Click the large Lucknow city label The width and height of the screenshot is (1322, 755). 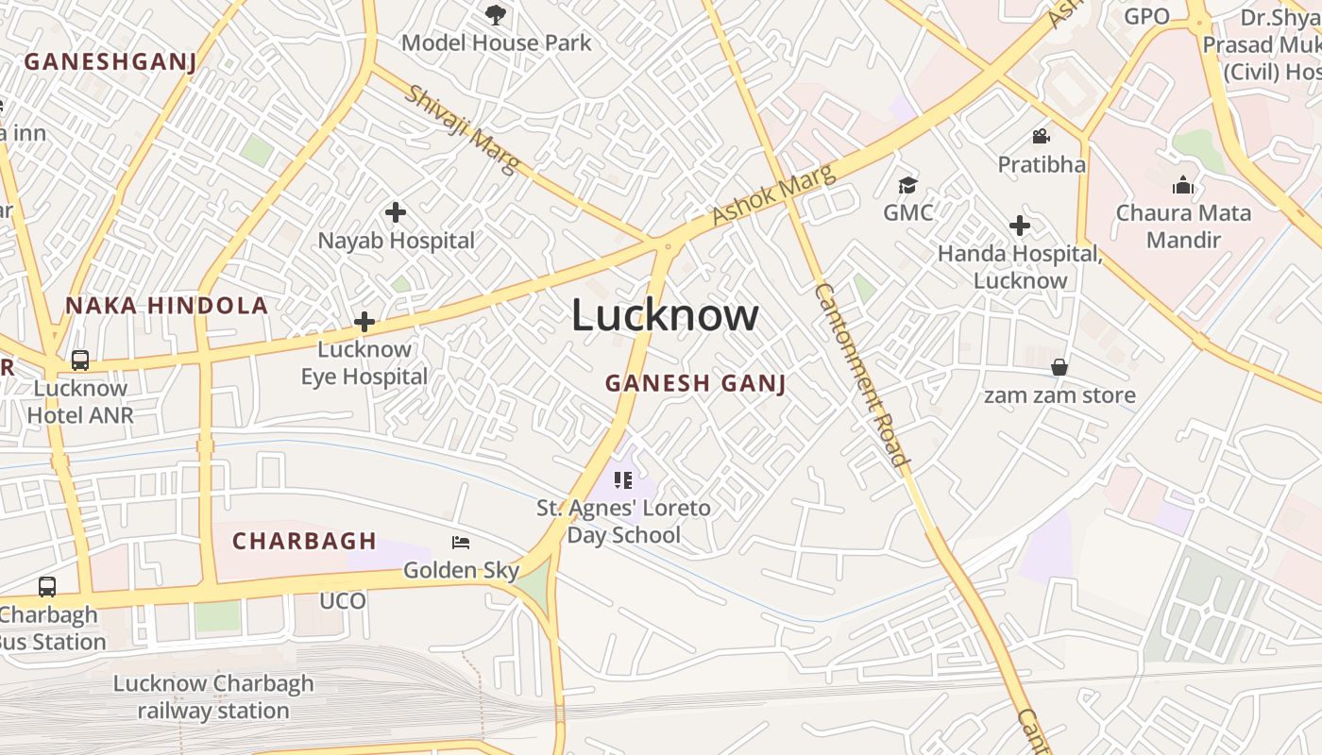[x=664, y=315]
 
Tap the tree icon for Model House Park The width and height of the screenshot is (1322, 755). [x=494, y=14]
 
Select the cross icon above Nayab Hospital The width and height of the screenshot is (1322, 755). [x=396, y=212]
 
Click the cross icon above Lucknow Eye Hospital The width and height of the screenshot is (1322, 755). [x=364, y=322]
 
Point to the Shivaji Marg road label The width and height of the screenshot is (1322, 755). [x=463, y=129]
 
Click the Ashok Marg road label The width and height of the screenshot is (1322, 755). [x=773, y=195]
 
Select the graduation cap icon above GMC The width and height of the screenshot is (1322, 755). [x=907, y=185]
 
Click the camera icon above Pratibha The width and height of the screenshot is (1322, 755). [x=1041, y=137]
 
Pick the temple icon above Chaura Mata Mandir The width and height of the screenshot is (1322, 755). [x=1182, y=186]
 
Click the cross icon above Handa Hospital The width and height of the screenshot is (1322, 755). [x=1019, y=226]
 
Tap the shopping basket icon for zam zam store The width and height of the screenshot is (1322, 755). [x=1059, y=367]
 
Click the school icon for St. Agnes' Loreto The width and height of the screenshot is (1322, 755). [x=622, y=480]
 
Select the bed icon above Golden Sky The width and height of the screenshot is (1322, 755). [x=461, y=543]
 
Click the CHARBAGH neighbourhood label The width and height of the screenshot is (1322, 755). [x=305, y=542]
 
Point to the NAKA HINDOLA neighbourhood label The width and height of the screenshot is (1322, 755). [x=167, y=306]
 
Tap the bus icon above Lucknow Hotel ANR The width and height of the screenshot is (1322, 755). [x=80, y=361]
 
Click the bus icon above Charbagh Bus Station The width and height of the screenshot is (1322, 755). [x=47, y=587]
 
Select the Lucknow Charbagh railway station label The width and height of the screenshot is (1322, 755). [x=213, y=696]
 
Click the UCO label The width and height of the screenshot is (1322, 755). [x=343, y=601]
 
